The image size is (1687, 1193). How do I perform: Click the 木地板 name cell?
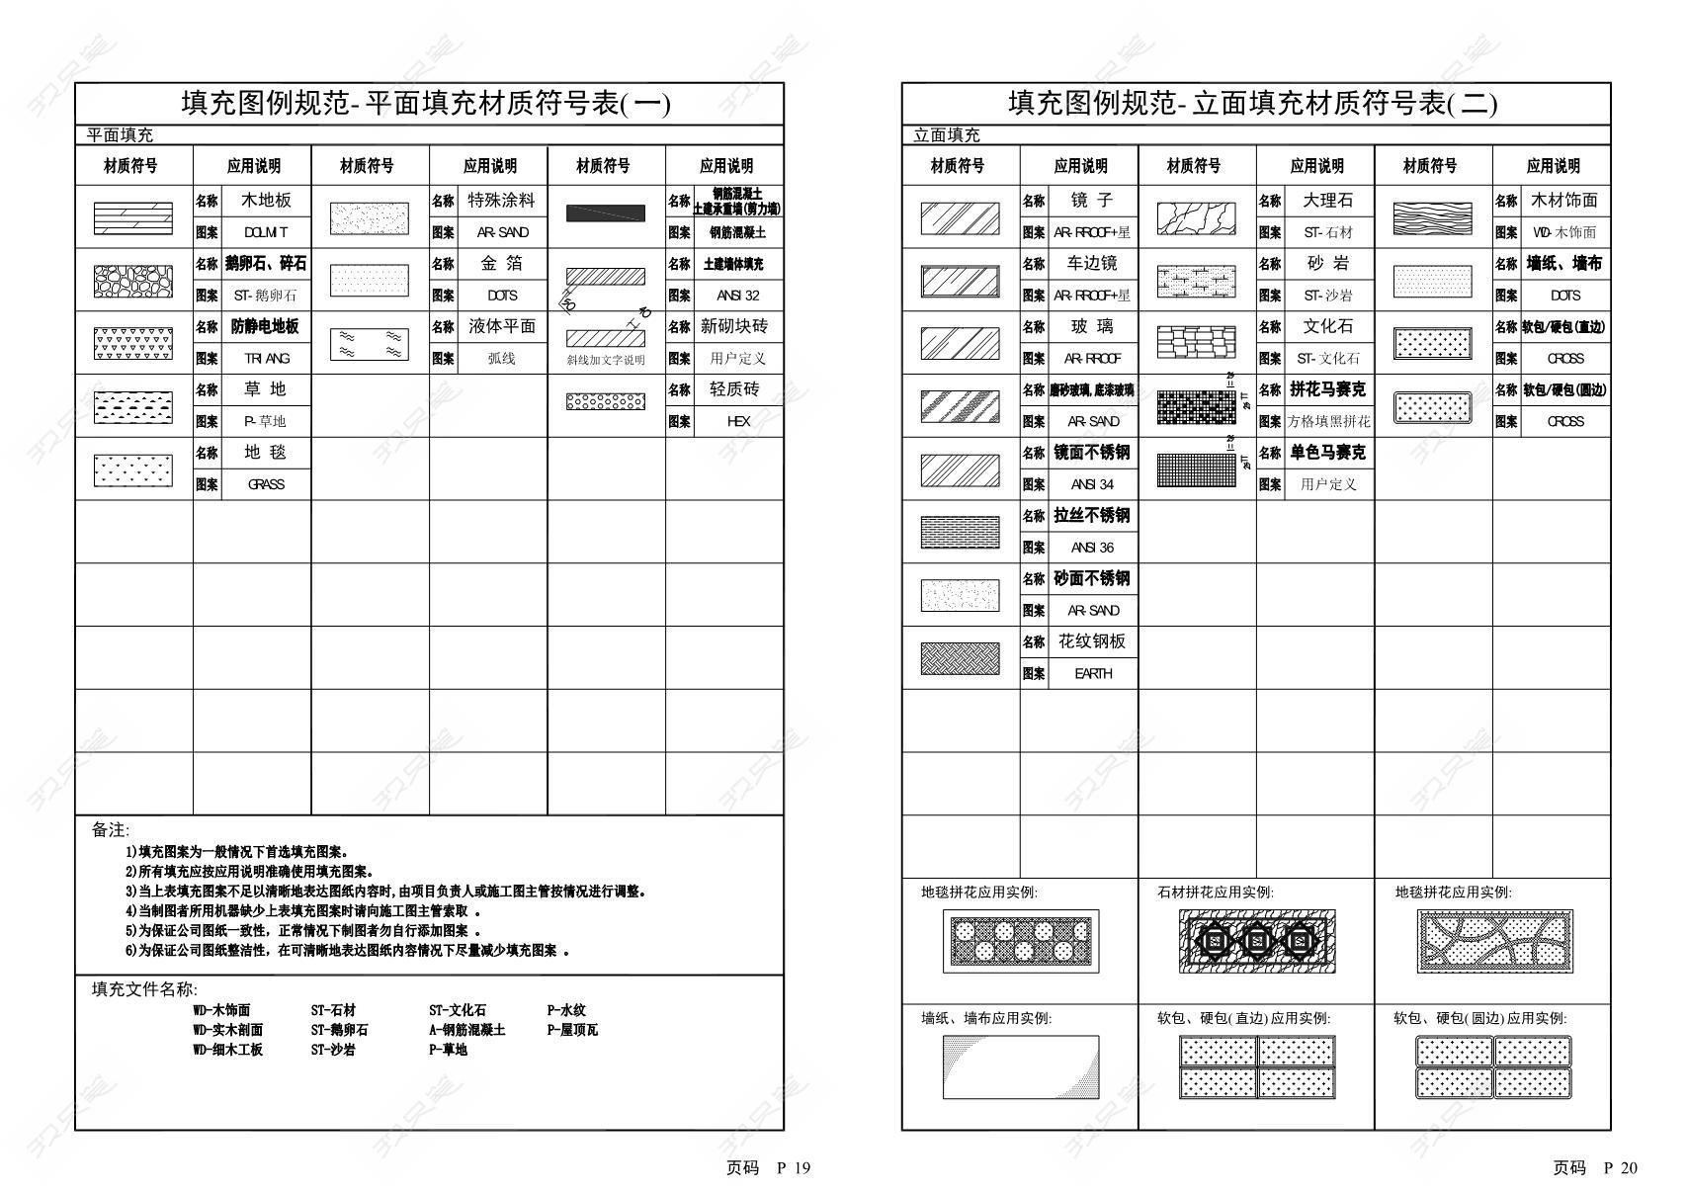point(266,201)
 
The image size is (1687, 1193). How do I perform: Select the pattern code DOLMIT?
point(266,232)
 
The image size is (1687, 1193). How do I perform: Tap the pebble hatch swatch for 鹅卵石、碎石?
point(132,281)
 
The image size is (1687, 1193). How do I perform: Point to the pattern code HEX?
point(738,421)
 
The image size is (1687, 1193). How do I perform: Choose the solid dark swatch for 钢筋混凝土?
point(605,213)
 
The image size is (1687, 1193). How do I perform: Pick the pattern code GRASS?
point(266,484)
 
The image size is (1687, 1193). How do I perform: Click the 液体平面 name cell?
point(501,326)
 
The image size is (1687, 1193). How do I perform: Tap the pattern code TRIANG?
point(266,358)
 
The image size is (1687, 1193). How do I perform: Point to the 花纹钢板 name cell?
point(1091,641)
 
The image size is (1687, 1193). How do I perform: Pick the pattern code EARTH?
point(1092,673)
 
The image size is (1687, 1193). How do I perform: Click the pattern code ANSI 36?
point(1092,548)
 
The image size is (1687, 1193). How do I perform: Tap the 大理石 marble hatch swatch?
point(1196,217)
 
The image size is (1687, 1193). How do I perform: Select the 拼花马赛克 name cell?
point(1327,389)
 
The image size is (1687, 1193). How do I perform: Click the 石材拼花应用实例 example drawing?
point(1256,940)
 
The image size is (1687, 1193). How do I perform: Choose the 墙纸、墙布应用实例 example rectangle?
point(1020,1066)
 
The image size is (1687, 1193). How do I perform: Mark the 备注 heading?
point(110,830)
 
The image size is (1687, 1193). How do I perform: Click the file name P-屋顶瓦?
point(572,1030)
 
